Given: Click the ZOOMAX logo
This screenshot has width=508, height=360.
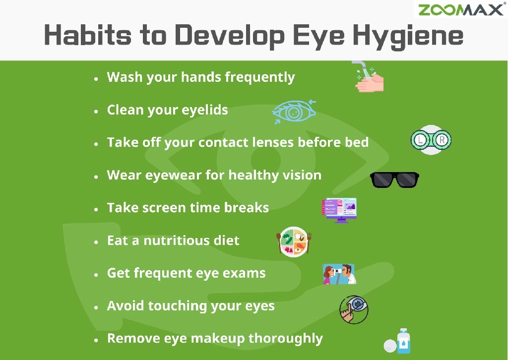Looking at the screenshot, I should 461,9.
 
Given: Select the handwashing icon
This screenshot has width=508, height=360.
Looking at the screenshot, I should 369,78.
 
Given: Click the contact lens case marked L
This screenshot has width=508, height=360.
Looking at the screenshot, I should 420,140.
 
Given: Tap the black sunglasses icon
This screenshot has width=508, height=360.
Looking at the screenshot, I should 394,180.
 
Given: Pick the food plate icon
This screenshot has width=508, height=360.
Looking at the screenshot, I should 294,241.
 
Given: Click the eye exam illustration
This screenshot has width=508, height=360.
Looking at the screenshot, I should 339,274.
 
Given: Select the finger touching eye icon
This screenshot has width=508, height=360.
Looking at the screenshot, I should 354,309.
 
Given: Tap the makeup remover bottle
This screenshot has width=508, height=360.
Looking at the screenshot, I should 403,341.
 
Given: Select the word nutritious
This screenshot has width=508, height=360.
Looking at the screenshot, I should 174,241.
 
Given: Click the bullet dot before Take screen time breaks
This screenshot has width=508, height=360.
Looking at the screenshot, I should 96,209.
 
